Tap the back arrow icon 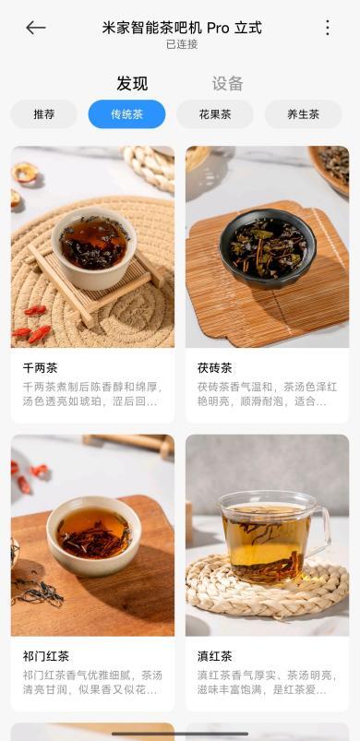(35, 28)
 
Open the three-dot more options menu (328, 28)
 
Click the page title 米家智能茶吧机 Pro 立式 (182, 28)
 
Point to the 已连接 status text (182, 44)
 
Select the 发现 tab (132, 84)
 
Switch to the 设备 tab (227, 84)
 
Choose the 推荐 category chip (44, 114)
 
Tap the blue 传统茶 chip (127, 114)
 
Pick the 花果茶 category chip (215, 114)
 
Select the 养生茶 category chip (304, 114)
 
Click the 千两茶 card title (41, 367)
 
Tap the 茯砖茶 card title (215, 367)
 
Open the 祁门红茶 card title (46, 656)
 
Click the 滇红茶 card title (215, 656)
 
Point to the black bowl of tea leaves (268, 247)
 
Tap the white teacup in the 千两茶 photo (93, 247)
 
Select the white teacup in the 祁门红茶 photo (93, 534)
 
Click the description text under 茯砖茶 (268, 395)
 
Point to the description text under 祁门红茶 (92, 683)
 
